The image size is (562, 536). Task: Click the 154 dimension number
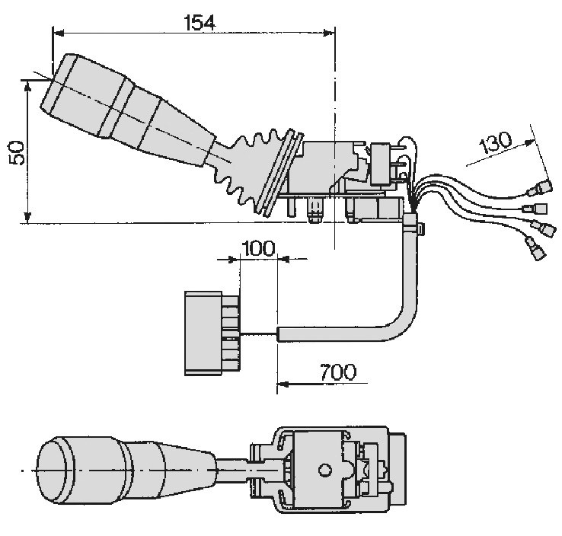tap(200, 23)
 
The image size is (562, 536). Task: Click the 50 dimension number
tap(18, 152)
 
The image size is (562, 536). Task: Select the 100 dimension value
tap(258, 248)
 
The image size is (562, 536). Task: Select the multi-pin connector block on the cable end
tap(212, 333)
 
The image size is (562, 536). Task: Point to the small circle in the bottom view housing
tap(324, 470)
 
